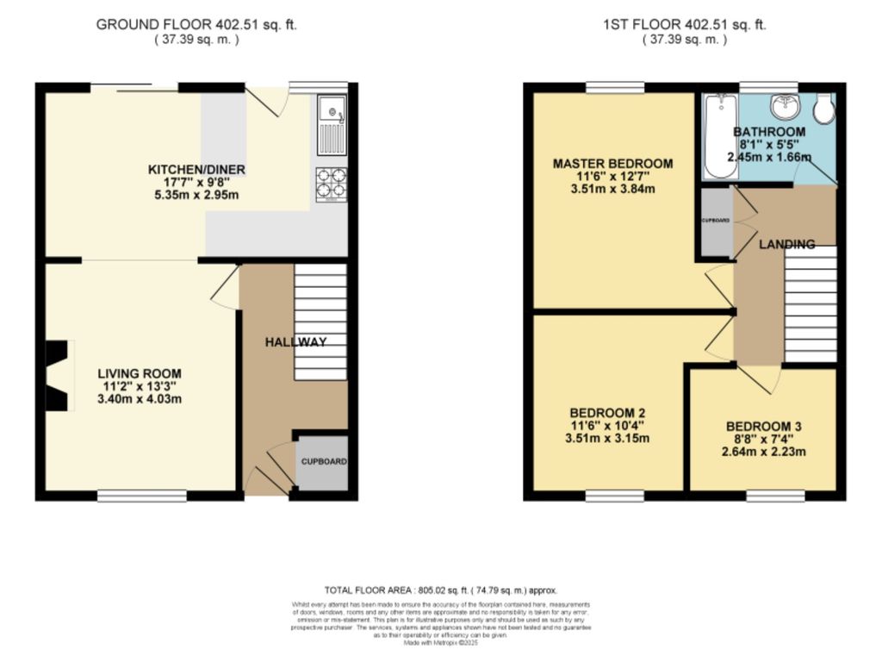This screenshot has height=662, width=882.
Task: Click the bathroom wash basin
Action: (x=786, y=108)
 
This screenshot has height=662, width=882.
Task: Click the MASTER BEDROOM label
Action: (x=612, y=163)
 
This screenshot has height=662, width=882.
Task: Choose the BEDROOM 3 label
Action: (x=763, y=426)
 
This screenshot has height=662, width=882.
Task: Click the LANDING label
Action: (x=786, y=245)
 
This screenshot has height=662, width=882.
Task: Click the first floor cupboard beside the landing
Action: (x=715, y=222)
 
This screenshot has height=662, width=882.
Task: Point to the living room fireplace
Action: (x=57, y=376)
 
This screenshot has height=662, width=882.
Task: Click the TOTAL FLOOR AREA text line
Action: (x=440, y=590)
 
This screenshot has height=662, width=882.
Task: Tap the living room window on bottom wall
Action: (x=141, y=496)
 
